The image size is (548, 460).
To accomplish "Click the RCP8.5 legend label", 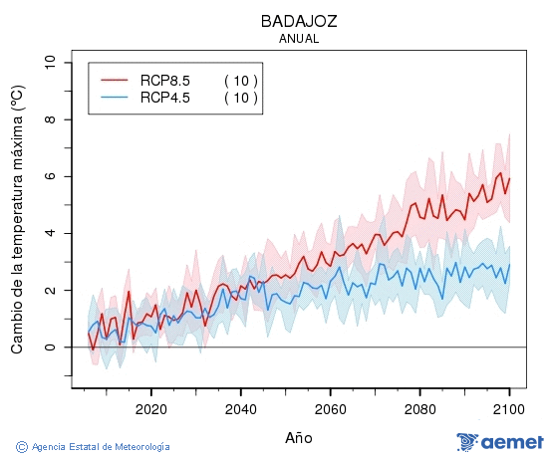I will coord(164,80).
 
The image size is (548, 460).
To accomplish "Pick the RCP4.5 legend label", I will coord(164,97).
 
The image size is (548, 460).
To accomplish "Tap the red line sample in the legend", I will coord(115,80).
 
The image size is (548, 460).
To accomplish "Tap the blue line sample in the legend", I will coord(115,97).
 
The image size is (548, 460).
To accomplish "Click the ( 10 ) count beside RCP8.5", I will coord(240,80).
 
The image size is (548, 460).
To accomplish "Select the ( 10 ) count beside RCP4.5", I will coord(240,97).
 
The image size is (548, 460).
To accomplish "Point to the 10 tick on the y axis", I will coord(50,63).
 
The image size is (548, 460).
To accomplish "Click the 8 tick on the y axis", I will coord(50,119).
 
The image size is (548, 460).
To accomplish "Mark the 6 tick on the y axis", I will coord(50,176).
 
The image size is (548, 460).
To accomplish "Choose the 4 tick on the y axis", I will coord(50,233).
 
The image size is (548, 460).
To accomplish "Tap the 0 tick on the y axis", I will coord(50,346).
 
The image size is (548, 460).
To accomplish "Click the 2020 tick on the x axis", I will coord(150,409).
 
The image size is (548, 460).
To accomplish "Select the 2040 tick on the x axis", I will coord(240,409).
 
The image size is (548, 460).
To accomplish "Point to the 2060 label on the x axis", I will coord(330,409).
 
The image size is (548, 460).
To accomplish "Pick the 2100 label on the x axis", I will coord(509,409).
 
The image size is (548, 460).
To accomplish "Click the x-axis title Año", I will coord(298,437).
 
